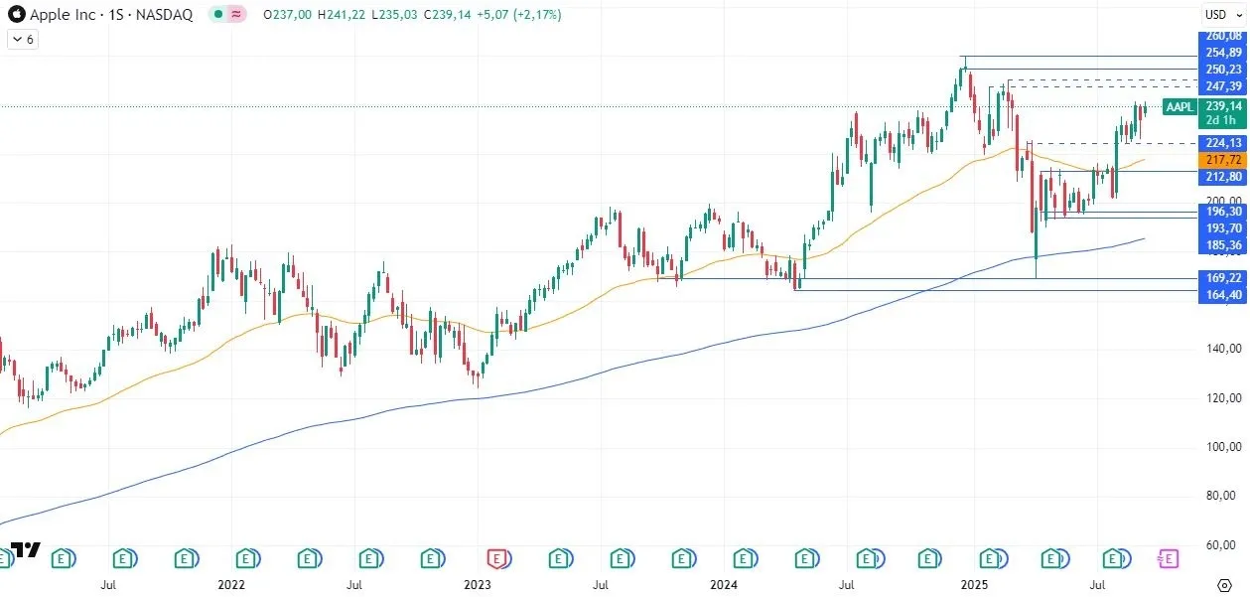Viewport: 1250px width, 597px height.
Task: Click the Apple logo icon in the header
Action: [15, 14]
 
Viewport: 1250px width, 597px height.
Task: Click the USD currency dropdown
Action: [1218, 14]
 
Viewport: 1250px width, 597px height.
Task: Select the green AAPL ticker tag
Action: [1179, 106]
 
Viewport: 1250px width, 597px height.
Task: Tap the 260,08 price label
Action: [1223, 36]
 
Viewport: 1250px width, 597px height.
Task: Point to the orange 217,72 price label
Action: [1223, 160]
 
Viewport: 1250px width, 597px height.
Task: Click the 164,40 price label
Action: [1223, 295]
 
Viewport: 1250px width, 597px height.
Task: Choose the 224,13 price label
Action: [1223, 143]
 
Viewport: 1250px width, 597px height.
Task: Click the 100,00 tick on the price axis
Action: [1223, 446]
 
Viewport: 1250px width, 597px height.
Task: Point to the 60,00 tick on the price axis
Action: [1223, 544]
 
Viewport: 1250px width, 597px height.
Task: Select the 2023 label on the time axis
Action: [478, 586]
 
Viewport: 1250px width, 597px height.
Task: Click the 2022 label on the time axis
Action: [231, 586]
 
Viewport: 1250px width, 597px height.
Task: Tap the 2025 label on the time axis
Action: [974, 586]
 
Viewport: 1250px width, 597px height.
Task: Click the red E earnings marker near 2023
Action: [497, 558]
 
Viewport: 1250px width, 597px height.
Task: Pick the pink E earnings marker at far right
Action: [1169, 558]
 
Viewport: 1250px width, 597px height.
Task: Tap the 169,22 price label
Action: [1223, 279]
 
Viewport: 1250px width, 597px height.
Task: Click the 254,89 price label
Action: [1223, 53]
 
